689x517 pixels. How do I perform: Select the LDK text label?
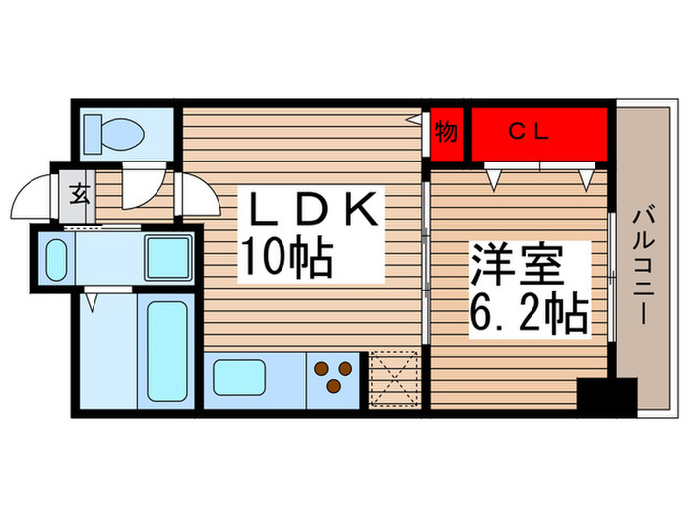tap(313, 209)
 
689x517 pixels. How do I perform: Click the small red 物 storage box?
tap(446, 132)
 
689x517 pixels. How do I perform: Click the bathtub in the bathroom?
tap(166, 349)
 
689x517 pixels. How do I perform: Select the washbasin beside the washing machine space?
tap(56, 260)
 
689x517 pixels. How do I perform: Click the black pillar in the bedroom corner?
tap(606, 395)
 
